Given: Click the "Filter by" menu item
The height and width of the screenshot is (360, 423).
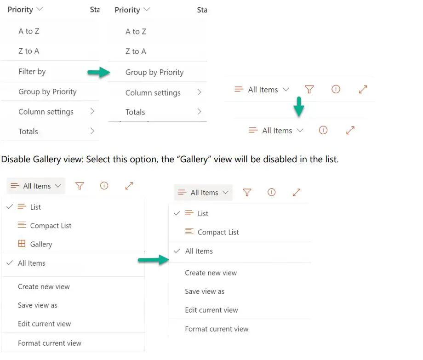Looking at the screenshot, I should tap(32, 72).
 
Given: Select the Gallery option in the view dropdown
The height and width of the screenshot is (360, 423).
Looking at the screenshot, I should tap(41, 244).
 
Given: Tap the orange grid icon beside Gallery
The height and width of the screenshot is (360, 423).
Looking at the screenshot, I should tap(22, 244).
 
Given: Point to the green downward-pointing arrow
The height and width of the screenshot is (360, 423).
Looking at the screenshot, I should tap(299, 107).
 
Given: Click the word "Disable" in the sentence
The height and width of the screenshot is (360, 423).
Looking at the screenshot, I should tap(14, 160).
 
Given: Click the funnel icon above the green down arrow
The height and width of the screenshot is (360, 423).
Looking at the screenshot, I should tap(309, 90).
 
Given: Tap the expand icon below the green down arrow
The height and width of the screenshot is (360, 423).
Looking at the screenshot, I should tap(350, 131).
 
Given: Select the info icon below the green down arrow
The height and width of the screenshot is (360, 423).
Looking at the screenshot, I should tap(323, 131).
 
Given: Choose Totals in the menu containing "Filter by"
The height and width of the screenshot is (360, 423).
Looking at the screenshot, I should tap(28, 131).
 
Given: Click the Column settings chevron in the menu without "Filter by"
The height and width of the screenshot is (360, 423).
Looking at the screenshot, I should tap(199, 92).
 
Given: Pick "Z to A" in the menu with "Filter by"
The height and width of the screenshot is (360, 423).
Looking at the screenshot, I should tap(29, 51).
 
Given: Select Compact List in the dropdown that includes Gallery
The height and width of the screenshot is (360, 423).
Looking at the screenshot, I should tap(51, 226).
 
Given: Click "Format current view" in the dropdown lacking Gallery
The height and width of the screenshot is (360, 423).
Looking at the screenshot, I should tap(217, 329).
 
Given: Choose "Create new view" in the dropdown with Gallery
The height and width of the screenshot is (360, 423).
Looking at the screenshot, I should tap(44, 286).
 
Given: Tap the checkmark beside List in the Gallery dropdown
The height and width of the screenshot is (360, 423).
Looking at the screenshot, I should tap(10, 207).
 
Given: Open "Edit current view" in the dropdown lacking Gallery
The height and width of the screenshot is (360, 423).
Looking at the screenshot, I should tap(211, 310).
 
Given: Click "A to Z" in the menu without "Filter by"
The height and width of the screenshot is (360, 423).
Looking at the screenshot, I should tap(136, 32).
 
